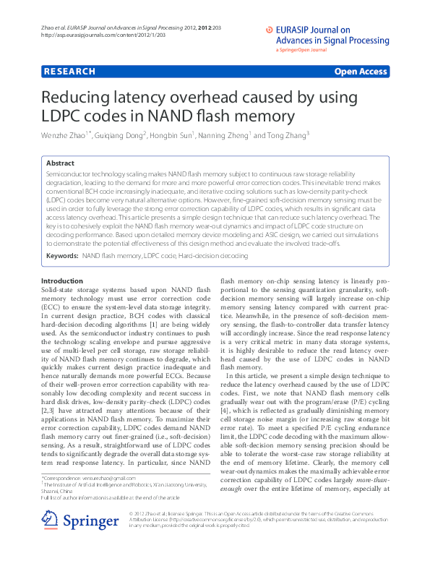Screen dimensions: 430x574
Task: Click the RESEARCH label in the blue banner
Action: click(x=70, y=72)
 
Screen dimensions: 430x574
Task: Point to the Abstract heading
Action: click(x=60, y=164)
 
